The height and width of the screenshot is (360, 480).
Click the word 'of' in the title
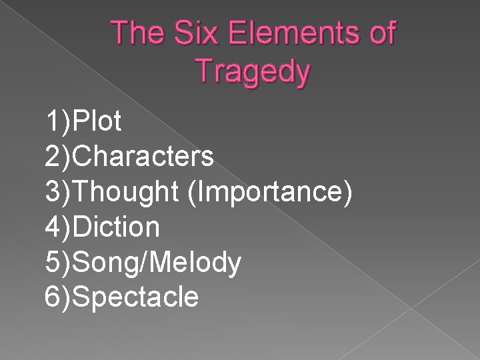point(379,33)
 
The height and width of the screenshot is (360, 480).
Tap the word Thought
point(127,192)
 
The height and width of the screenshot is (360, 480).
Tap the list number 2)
point(58,157)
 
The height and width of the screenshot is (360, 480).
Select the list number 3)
point(58,192)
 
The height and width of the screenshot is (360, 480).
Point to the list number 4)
point(58,227)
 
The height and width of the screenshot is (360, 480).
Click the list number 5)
point(58,262)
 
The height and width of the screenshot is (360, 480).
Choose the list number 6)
point(58,297)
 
